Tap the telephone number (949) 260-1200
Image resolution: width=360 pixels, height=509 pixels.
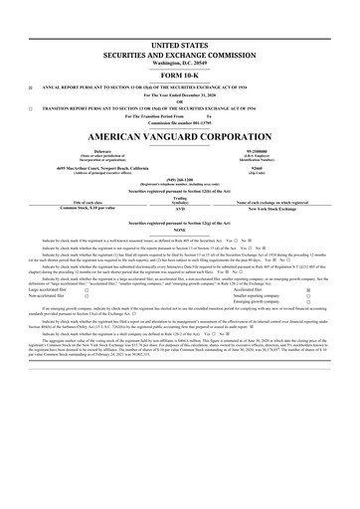(179, 181)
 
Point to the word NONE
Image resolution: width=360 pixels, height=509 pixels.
(179, 230)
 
